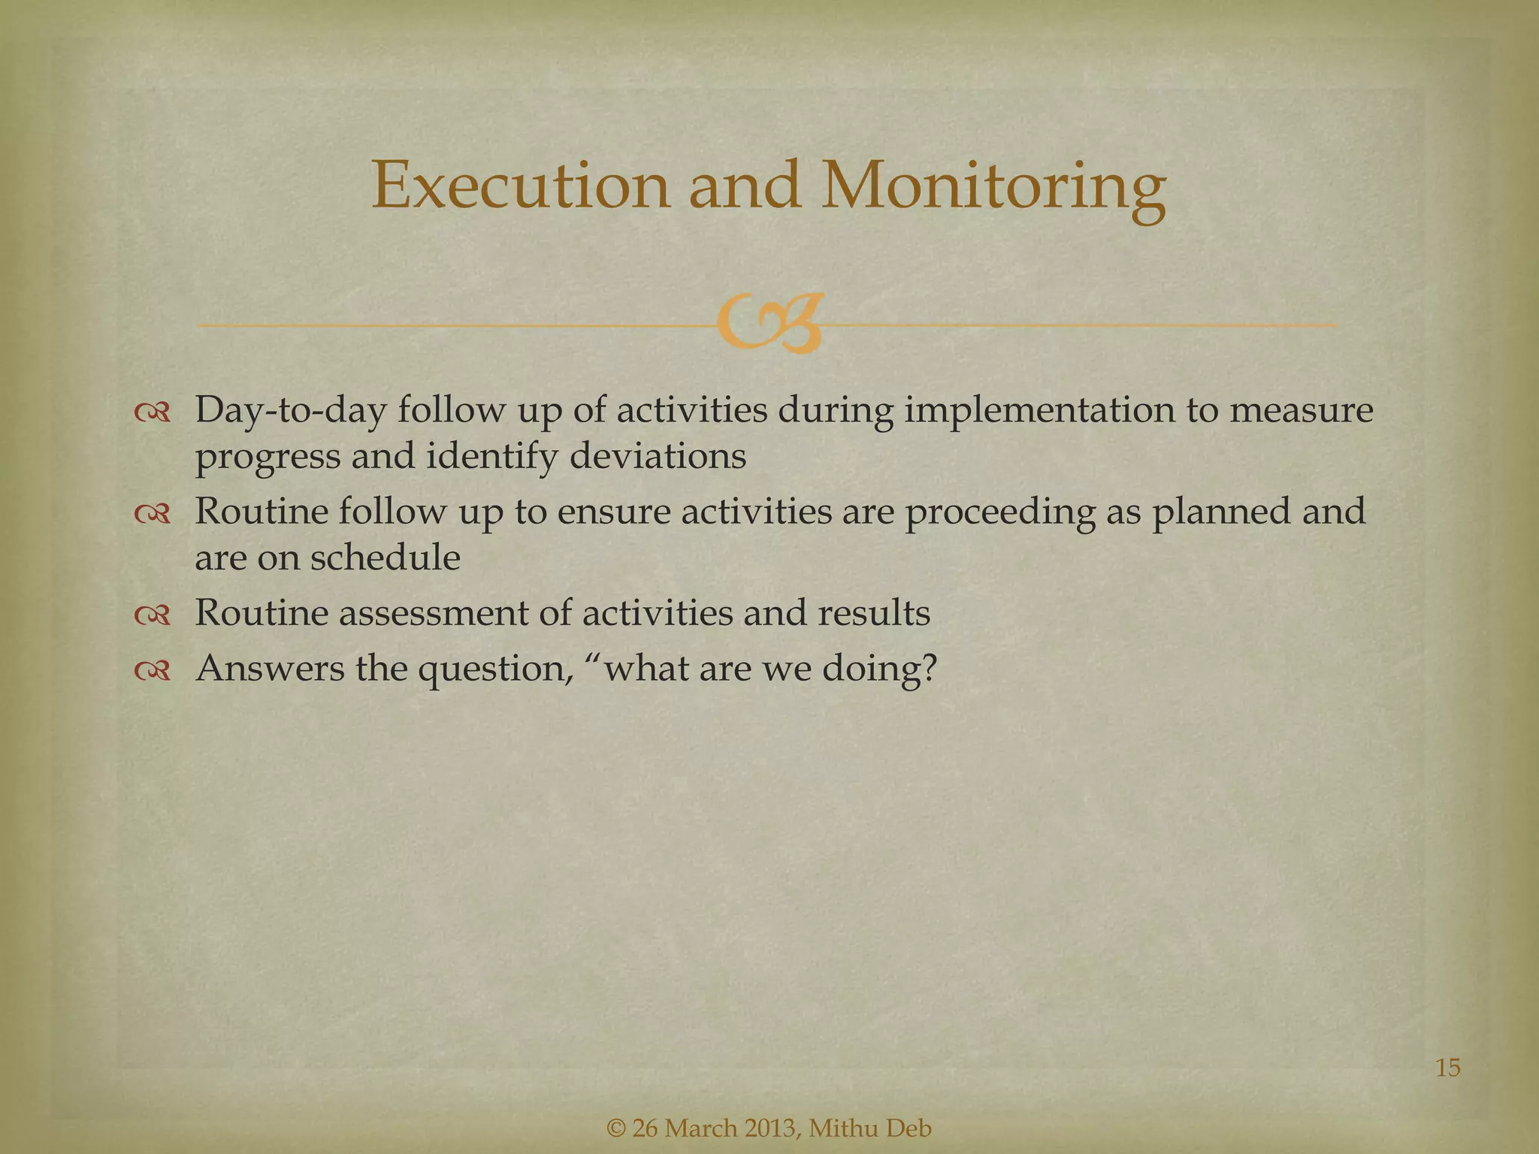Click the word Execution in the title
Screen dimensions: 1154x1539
tap(519, 186)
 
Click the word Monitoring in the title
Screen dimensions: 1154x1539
tap(993, 186)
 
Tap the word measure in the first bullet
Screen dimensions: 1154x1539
tap(1301, 412)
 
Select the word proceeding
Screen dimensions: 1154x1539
tap(999, 513)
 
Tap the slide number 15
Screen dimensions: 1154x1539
tap(1447, 1068)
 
